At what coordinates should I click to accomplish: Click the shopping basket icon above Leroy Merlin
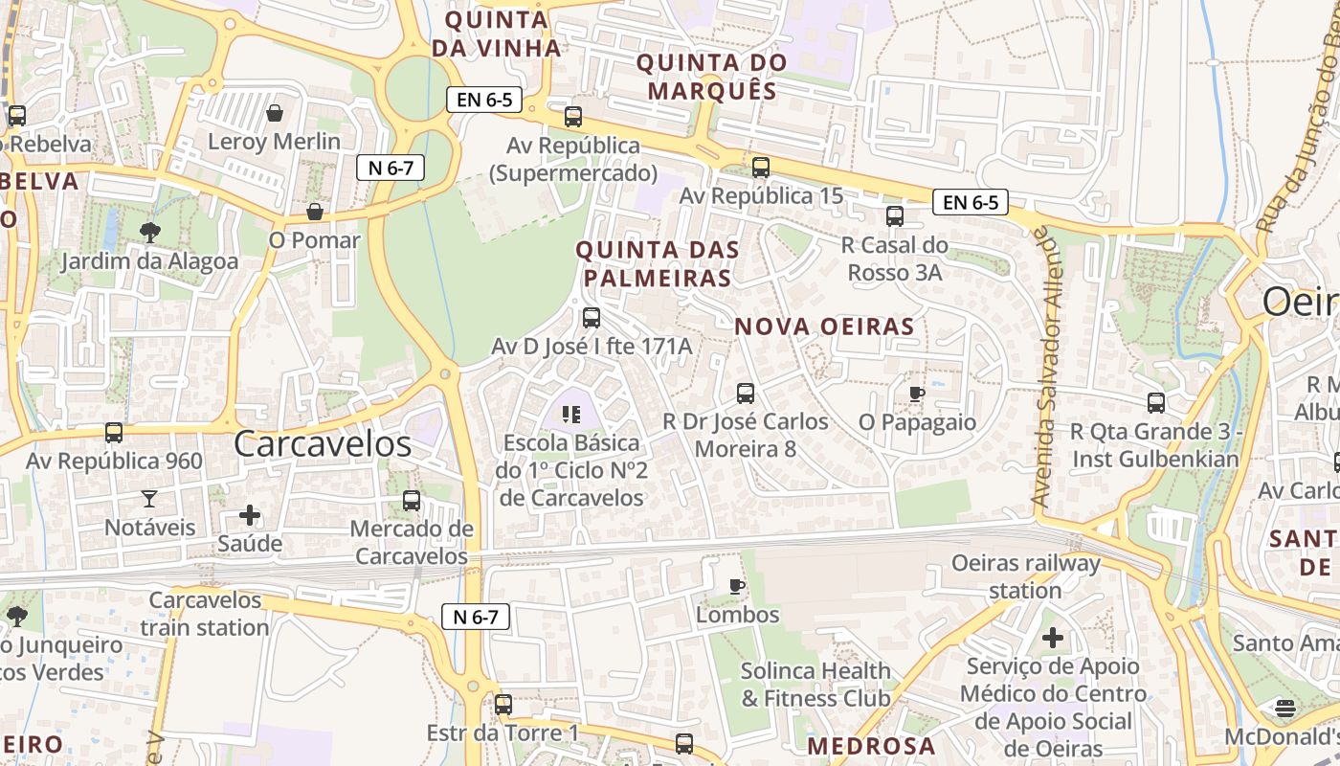tap(275, 113)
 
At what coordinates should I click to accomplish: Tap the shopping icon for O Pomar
tap(315, 212)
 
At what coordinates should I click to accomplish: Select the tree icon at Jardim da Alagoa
tap(149, 232)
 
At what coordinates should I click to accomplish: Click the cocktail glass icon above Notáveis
tap(149, 498)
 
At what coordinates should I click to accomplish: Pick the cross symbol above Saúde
tap(250, 515)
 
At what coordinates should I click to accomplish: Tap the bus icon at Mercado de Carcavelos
tap(412, 500)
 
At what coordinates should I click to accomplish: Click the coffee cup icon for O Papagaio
tap(917, 393)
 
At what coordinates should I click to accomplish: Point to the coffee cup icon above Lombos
tap(737, 585)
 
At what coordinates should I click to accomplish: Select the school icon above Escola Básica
tap(571, 415)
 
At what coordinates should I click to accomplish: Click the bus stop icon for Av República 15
tap(761, 168)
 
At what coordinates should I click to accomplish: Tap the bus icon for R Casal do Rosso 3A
tap(895, 216)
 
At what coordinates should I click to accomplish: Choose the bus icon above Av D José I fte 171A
tap(592, 317)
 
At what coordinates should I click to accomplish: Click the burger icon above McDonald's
tap(1285, 709)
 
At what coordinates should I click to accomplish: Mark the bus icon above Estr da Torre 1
tap(503, 705)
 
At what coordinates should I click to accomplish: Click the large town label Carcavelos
tap(323, 444)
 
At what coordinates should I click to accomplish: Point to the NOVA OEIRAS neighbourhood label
tap(824, 327)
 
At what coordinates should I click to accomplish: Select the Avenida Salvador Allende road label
tap(1049, 370)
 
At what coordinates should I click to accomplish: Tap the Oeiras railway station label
tap(1025, 576)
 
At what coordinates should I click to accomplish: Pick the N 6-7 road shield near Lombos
tap(475, 617)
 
